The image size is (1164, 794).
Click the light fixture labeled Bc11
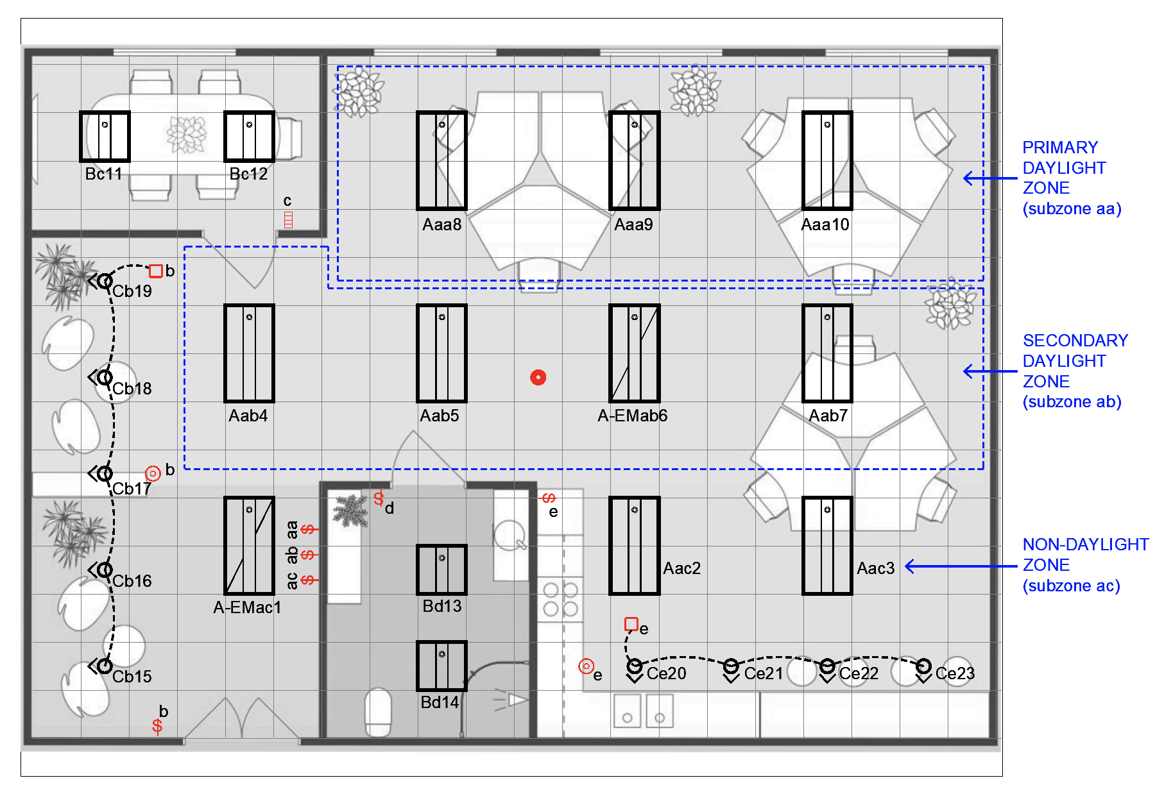click(x=105, y=137)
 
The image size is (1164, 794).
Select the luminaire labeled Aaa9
click(x=635, y=160)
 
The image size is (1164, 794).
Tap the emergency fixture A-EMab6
click(x=635, y=353)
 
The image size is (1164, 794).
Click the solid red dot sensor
click(x=538, y=378)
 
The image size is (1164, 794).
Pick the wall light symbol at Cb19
click(x=102, y=281)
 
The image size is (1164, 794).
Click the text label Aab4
click(x=248, y=416)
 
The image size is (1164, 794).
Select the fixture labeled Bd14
click(x=442, y=666)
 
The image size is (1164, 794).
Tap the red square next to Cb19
click(x=155, y=271)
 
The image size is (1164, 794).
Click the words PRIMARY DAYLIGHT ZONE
click(x=1064, y=167)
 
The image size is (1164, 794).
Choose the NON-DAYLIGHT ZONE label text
click(x=1086, y=554)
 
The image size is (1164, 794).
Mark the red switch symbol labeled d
click(x=379, y=498)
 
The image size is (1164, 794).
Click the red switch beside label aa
click(x=309, y=529)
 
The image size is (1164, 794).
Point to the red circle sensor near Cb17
click(x=153, y=474)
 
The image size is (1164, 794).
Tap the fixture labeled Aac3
click(x=827, y=546)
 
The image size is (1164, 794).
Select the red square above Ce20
click(x=631, y=624)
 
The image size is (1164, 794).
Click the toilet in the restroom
click(x=379, y=713)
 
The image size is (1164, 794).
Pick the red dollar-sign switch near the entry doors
click(x=157, y=726)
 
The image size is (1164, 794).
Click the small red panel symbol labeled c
click(x=289, y=219)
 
